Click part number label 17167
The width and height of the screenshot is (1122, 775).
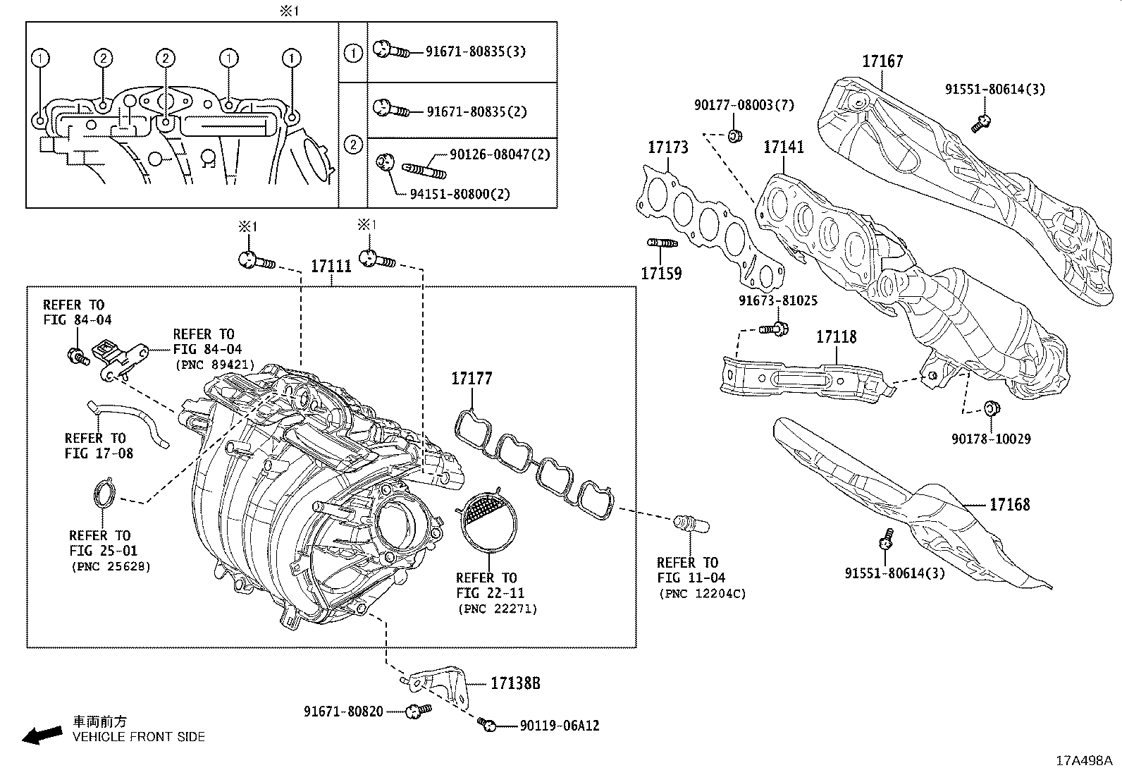pos(882,61)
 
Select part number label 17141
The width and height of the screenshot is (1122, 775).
pos(784,147)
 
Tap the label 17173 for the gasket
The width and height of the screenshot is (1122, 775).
pos(668,147)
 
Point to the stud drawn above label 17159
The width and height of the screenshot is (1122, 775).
pos(662,243)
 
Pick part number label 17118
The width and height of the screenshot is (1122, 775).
pos(836,337)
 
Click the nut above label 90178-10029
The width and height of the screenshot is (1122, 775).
pos(991,408)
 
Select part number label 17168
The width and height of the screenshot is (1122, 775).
pos(1009,504)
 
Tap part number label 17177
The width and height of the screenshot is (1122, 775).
pos(471,379)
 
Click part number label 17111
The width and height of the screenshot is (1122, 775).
pos(331,267)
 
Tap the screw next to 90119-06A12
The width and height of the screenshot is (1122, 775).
pos(487,724)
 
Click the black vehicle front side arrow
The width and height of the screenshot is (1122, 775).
pos(42,735)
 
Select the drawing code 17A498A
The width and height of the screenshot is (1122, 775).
pos(1083,761)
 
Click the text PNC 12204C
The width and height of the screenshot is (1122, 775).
pos(702,594)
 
